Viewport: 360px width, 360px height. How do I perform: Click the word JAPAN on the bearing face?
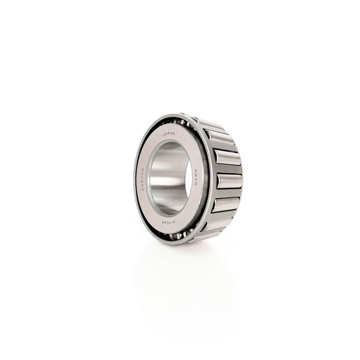(170, 134)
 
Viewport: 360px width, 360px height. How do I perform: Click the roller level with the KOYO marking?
(229, 180)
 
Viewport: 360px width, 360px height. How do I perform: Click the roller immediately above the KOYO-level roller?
(227, 157)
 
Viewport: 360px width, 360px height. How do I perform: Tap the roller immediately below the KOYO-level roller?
(226, 204)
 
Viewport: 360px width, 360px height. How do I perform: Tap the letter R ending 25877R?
(143, 169)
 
